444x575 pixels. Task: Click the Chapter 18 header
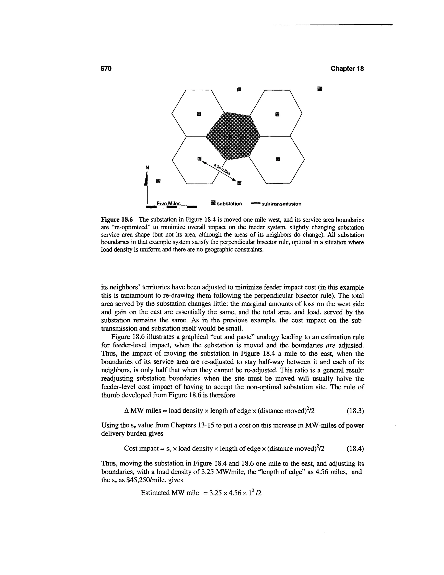coord(347,69)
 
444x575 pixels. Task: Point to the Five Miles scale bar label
coord(169,204)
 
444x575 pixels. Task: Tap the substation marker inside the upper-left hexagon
coord(199,114)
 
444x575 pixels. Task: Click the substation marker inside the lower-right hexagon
coord(277,159)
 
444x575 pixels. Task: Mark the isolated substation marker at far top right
coord(320,89)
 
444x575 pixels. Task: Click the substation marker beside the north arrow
coord(158,181)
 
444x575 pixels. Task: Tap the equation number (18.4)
coord(355,448)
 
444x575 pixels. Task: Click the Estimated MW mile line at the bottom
coord(201,493)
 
